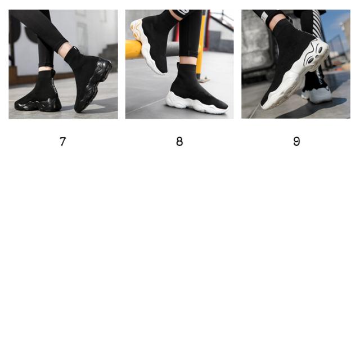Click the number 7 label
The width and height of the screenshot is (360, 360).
point(62,141)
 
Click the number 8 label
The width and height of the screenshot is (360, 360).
point(179,141)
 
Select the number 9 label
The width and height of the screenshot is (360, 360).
point(296,141)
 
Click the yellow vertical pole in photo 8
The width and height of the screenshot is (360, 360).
point(201,44)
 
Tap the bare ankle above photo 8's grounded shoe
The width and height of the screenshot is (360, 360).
point(187,60)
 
